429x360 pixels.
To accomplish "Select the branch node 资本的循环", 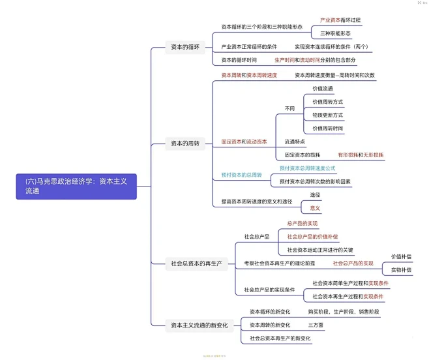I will (x=185, y=47).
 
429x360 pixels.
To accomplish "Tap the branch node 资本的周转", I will (x=185, y=143).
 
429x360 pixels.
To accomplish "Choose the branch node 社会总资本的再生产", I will (x=196, y=263).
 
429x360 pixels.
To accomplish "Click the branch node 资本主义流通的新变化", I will (x=199, y=325).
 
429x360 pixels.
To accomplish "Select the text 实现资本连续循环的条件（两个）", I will (x=331, y=47).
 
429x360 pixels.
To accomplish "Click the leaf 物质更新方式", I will (x=327, y=115).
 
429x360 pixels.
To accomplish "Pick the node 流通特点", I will (x=295, y=142).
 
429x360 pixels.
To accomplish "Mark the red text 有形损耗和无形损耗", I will (x=361, y=155).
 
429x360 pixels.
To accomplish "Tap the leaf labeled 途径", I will (x=315, y=195).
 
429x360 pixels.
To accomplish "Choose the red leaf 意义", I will (x=315, y=209).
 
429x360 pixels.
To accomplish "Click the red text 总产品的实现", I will (x=303, y=223).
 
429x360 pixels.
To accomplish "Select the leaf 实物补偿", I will (x=400, y=270).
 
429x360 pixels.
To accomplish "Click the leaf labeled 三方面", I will (x=315, y=325).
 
